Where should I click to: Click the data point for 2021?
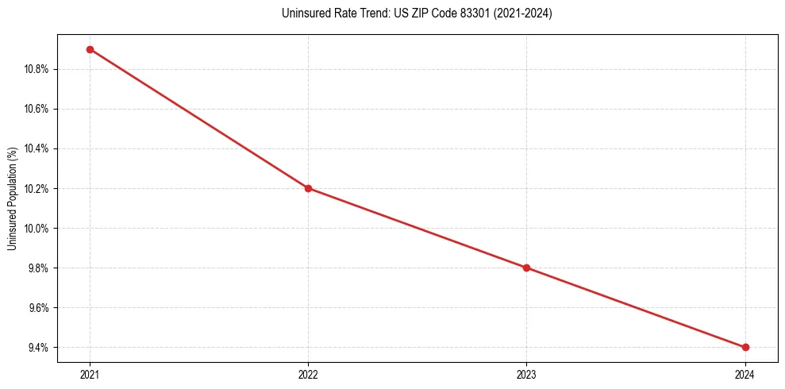click(90, 49)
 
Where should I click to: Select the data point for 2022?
click(308, 188)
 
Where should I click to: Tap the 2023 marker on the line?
click(526, 268)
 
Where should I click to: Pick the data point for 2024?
click(745, 347)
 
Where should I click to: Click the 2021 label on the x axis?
click(90, 375)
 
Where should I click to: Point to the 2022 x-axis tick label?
click(308, 375)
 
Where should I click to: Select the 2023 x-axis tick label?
click(526, 375)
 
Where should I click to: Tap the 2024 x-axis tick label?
click(745, 375)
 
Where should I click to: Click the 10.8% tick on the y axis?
click(37, 69)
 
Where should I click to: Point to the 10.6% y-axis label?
click(37, 109)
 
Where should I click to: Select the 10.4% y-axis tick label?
click(37, 148)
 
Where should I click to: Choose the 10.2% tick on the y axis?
click(37, 188)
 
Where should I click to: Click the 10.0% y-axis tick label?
click(37, 229)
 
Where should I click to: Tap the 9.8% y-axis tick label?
click(39, 268)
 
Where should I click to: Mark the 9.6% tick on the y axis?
click(39, 308)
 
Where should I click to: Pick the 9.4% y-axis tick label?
click(39, 348)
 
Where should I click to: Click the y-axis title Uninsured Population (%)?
click(12, 198)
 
